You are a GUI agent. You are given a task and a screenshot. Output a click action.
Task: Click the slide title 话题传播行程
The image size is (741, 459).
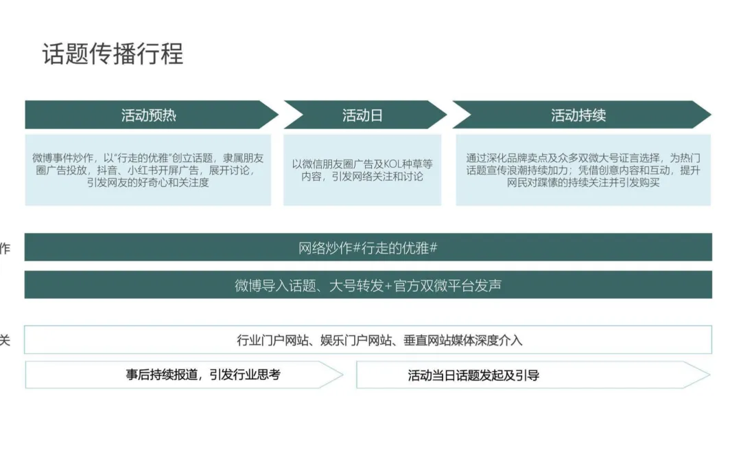tap(113, 54)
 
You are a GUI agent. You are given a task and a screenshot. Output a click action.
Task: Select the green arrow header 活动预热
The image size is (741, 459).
tap(149, 115)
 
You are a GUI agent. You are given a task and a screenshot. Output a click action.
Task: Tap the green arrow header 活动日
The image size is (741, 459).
tap(362, 115)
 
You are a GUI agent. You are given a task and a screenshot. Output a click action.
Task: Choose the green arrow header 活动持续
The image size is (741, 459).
tap(578, 115)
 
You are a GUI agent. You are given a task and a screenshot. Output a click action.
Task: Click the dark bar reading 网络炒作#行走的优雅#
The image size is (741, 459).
tap(368, 248)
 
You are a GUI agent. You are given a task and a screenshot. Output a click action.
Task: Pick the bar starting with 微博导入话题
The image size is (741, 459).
tap(368, 285)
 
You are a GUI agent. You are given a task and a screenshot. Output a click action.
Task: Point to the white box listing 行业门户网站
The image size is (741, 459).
tap(368, 340)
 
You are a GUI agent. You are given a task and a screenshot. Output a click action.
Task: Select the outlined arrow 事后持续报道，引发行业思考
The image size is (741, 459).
tap(203, 374)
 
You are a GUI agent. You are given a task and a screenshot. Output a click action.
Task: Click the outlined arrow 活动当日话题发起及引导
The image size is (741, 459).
tap(473, 375)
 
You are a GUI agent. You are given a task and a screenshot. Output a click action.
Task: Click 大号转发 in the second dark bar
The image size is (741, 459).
tap(356, 285)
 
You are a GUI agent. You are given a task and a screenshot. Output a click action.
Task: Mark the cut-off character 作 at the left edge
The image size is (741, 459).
tap(5, 249)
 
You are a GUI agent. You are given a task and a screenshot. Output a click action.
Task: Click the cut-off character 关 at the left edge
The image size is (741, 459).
tap(5, 340)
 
